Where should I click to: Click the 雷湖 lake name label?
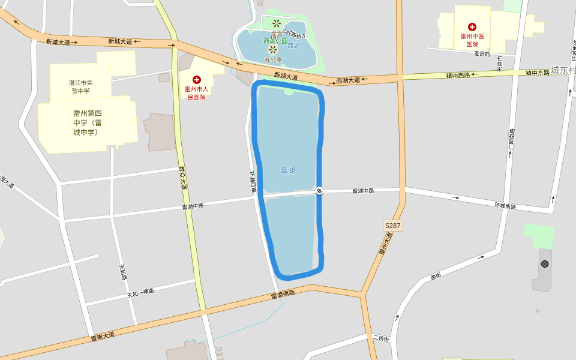coord(288,170)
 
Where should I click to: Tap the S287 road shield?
coord(392,226)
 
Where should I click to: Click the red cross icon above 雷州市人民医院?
coord(196,80)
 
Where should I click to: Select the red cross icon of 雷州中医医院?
coord(472,27)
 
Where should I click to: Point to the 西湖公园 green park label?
coord(275,41)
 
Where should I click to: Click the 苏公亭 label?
coord(272,60)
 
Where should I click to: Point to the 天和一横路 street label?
coord(140,293)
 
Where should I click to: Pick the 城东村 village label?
coord(563,70)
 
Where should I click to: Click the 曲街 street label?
coord(436,276)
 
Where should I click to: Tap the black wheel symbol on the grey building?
coord(544,264)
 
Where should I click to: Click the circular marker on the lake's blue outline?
coord(319,191)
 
